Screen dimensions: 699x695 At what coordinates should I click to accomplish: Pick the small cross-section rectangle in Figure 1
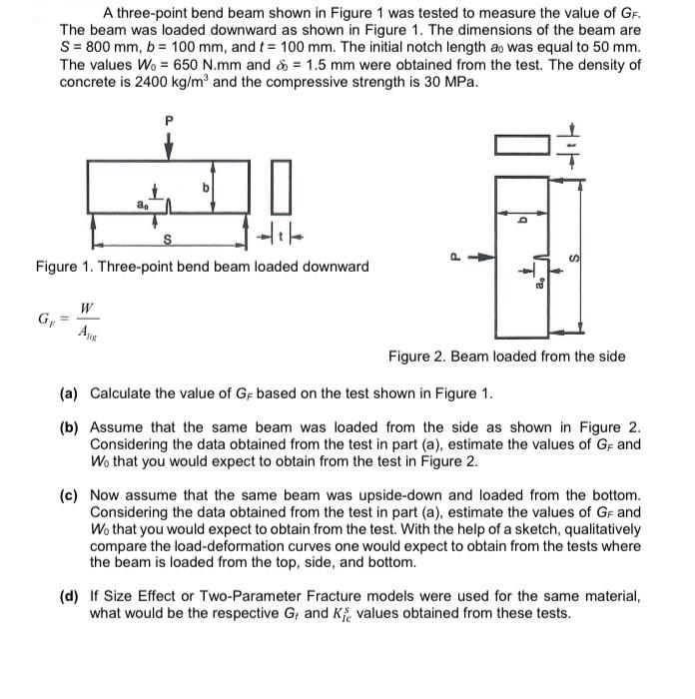281,187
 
